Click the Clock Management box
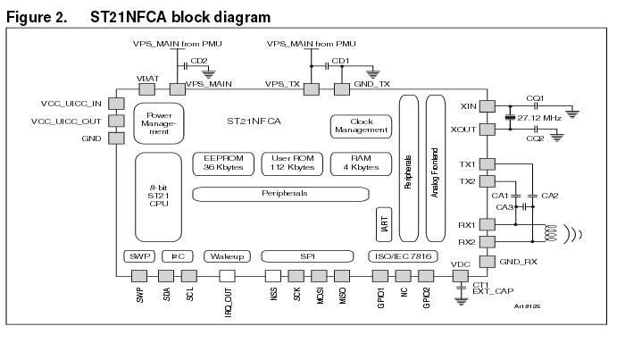(x=361, y=125)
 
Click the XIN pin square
(x=488, y=106)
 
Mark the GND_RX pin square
(x=488, y=261)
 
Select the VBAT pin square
(x=147, y=89)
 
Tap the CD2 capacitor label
(x=200, y=61)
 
